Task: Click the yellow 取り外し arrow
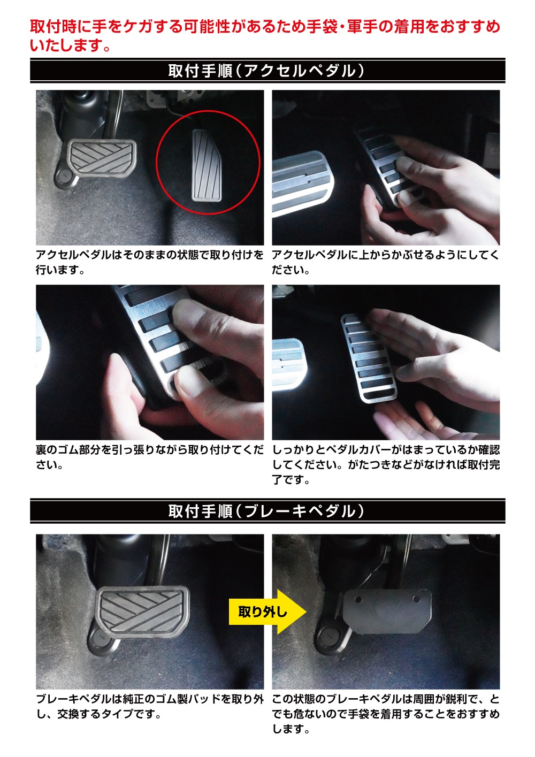pyautogui.click(x=267, y=612)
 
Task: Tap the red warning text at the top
pyautogui.click(x=265, y=36)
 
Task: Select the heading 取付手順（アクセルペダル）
pyautogui.click(x=266, y=71)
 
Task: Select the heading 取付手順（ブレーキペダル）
pyautogui.click(x=266, y=511)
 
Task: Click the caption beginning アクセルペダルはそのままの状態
pyautogui.click(x=149, y=262)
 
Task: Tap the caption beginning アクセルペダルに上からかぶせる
pyautogui.click(x=386, y=262)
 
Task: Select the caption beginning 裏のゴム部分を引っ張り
pyautogui.click(x=149, y=457)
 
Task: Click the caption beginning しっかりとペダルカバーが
pyautogui.click(x=386, y=465)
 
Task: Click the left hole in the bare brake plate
pyautogui.click(x=358, y=600)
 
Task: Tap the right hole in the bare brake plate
pyautogui.click(x=416, y=599)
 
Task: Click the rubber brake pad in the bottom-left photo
pyautogui.click(x=143, y=614)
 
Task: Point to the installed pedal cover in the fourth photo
pyautogui.click(x=369, y=358)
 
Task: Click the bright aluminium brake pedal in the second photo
pyautogui.click(x=302, y=182)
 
